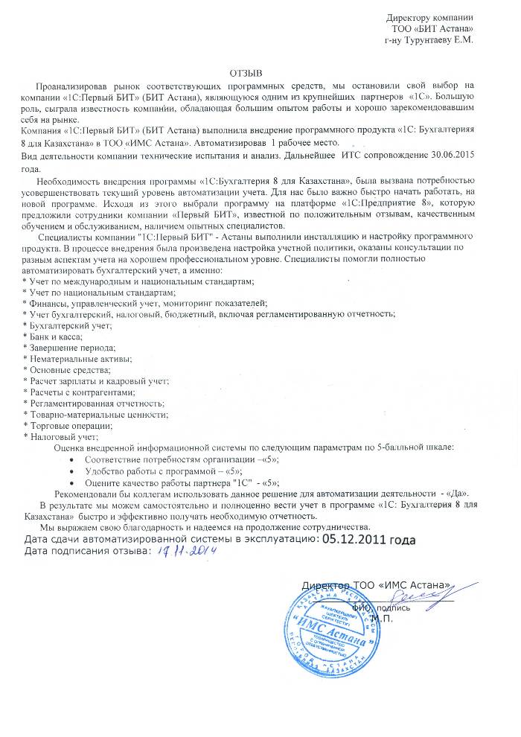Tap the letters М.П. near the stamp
tap(382, 617)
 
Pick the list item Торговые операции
tap(70, 425)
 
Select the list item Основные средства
tap(69, 370)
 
